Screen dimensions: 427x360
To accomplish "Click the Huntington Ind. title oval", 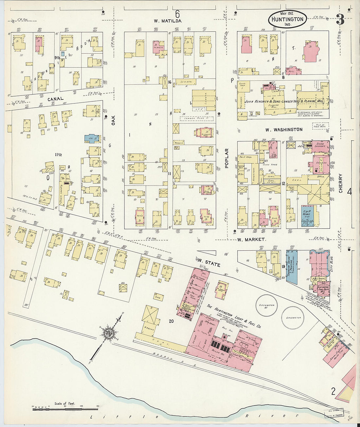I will coord(287,19).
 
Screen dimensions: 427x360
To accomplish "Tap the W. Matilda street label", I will coord(168,21).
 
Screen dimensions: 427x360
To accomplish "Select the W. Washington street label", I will coord(283,130).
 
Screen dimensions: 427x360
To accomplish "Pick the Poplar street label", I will coord(226,158).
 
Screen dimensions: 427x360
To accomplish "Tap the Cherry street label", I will coord(340,183).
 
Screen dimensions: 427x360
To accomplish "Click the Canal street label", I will coord(55,98).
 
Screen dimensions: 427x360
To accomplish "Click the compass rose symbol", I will coord(108,333).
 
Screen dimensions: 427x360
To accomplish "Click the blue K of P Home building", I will coord(307,216).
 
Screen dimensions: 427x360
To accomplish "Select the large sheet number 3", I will coord(340,20).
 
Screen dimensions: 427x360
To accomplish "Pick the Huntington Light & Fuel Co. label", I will coord(234,316).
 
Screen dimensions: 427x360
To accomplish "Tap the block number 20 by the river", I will coord(171,321).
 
